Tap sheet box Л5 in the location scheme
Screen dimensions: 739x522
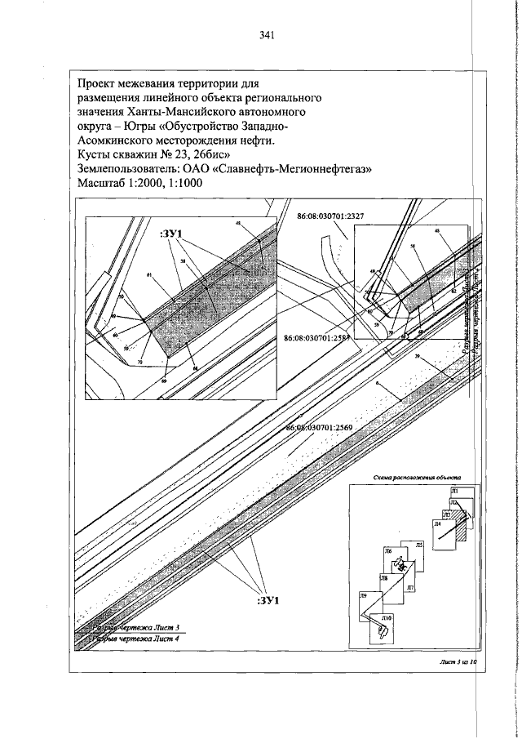(x=418, y=545)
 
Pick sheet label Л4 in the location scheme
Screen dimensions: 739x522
(x=437, y=523)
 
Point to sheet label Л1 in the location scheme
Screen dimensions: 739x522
(x=455, y=491)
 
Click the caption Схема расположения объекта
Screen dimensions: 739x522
(x=417, y=476)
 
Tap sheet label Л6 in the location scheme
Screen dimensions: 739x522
(x=388, y=552)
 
